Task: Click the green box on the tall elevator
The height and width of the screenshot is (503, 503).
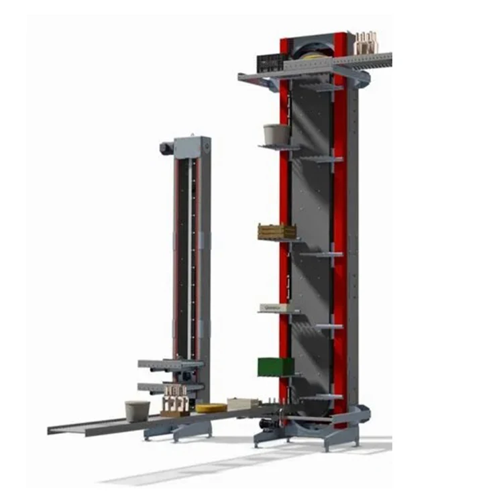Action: click(x=276, y=366)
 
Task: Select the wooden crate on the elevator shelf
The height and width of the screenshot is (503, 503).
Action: click(x=276, y=231)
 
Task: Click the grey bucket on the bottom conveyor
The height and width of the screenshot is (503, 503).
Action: click(x=137, y=410)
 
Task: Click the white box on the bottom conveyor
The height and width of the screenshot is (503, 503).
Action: click(x=243, y=404)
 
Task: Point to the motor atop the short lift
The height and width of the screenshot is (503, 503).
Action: click(x=166, y=147)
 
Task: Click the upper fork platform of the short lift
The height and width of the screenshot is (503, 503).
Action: click(x=170, y=364)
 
